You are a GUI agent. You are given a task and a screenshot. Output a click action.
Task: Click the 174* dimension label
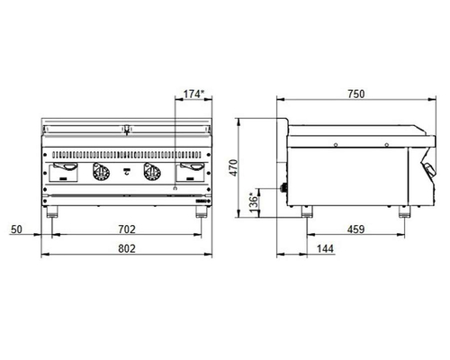(193, 94)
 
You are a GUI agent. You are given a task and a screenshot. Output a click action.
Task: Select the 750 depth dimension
(356, 94)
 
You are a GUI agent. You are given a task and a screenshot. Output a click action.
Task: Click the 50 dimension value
(16, 229)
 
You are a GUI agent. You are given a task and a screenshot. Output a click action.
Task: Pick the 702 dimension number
(127, 229)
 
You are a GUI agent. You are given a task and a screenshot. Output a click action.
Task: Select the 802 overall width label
(127, 248)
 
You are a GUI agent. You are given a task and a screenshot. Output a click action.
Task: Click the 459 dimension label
(355, 229)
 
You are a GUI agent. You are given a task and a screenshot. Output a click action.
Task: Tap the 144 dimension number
(325, 248)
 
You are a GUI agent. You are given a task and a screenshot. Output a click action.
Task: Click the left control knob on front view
(101, 172)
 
